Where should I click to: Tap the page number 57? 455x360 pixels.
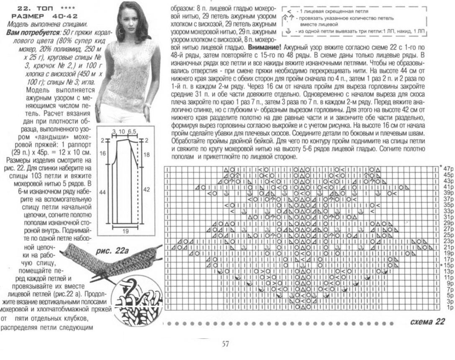point(225,344)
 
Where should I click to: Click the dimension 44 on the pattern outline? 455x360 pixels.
point(103,192)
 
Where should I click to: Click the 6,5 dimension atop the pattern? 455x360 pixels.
point(133,132)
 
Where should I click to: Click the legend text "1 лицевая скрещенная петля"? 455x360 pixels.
point(331,11)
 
